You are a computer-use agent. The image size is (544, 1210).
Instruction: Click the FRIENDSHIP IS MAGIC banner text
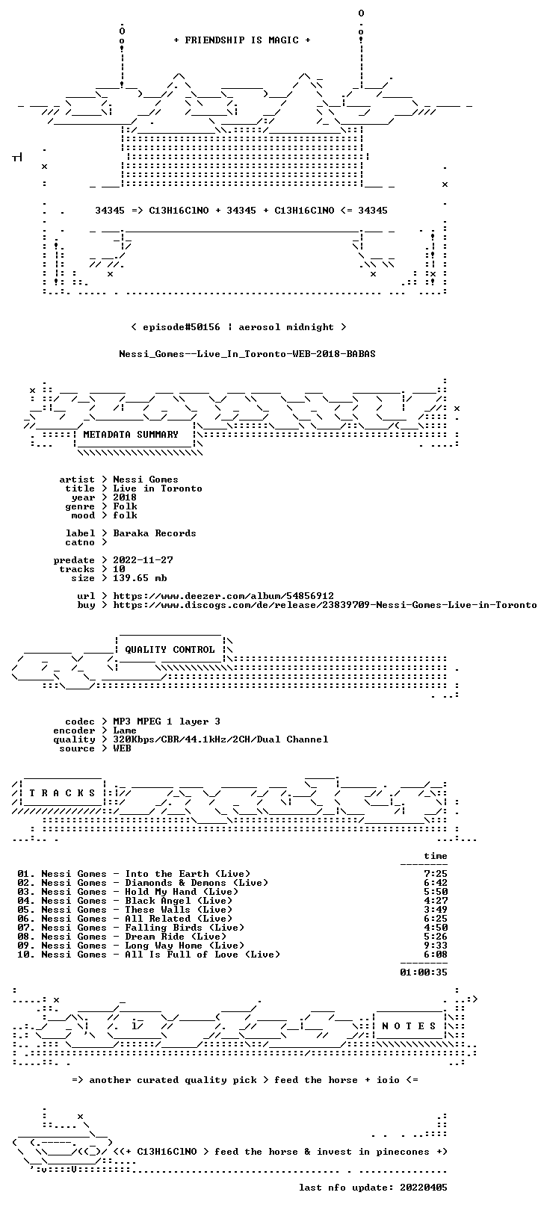click(x=242, y=40)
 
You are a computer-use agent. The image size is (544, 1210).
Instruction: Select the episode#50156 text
click(x=182, y=327)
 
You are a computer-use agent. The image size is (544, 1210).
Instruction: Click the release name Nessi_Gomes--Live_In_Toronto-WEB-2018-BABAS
click(x=247, y=354)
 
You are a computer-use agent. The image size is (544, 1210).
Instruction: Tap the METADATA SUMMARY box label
click(x=131, y=434)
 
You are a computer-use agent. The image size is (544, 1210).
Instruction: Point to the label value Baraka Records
click(x=155, y=533)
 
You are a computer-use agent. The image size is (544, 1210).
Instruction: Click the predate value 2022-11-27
click(x=143, y=560)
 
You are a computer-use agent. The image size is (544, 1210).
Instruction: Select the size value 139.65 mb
click(x=140, y=578)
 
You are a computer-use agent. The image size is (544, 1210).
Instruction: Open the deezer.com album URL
click(x=223, y=596)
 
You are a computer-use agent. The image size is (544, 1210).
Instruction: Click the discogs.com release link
click(x=324, y=605)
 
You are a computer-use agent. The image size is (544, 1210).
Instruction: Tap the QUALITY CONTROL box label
click(x=170, y=649)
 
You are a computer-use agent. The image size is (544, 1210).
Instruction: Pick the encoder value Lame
click(x=125, y=730)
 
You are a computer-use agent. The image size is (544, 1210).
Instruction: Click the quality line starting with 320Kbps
click(x=220, y=739)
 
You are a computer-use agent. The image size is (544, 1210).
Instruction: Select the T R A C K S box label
click(x=62, y=793)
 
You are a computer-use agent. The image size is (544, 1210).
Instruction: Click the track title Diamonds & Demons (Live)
click(x=197, y=883)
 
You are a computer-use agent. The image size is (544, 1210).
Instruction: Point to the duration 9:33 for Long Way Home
click(x=436, y=946)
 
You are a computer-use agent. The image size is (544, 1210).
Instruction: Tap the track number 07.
click(x=23, y=928)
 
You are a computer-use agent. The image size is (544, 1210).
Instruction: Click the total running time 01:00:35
click(x=424, y=972)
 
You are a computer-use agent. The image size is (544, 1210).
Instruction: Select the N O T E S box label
click(x=409, y=1026)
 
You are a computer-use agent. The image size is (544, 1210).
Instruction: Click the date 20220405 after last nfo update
click(x=424, y=1188)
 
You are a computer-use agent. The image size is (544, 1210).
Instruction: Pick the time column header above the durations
click(x=436, y=856)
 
